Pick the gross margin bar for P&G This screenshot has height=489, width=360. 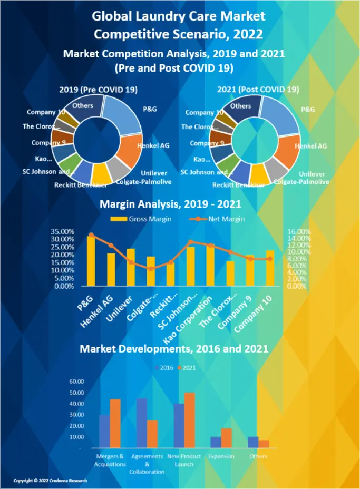91,261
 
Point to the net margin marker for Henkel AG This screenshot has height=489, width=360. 111,245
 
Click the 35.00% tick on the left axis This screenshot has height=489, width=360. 63,231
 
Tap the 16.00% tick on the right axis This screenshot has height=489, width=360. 299,231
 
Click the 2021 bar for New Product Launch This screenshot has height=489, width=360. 189,420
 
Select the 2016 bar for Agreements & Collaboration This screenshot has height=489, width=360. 142,423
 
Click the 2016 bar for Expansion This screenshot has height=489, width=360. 216,442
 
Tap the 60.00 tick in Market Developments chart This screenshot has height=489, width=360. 77,382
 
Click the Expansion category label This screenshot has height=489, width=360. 221,456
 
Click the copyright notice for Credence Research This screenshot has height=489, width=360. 50,481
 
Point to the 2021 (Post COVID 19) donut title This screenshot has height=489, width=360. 258,90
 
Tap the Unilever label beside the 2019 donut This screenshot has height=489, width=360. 154,173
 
